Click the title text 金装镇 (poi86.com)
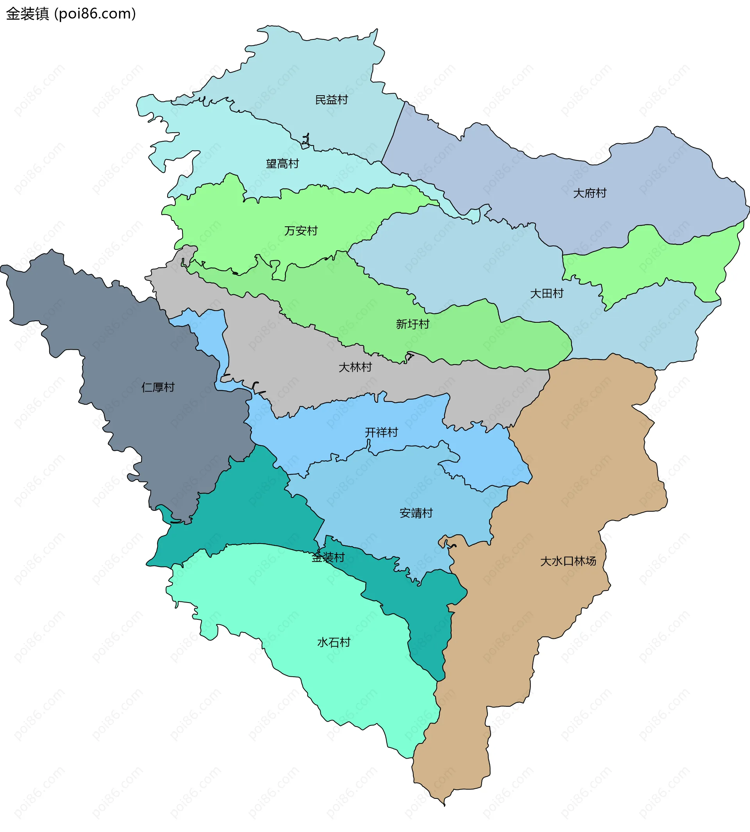pos(71,14)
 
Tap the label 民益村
pos(331,100)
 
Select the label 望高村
pos(282,164)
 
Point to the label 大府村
pos(590,193)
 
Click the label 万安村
pos(301,231)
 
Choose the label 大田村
pos(546,293)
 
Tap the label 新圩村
pos(412,324)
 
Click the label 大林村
pos(355,367)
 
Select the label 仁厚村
pos(158,388)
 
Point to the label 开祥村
pos(381,433)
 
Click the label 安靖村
pos(416,513)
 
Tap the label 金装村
pos(328,558)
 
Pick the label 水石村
pos(334,643)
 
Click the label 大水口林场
pos(568,562)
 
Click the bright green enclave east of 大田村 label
pos(659,263)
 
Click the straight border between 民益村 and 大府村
pos(393,132)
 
